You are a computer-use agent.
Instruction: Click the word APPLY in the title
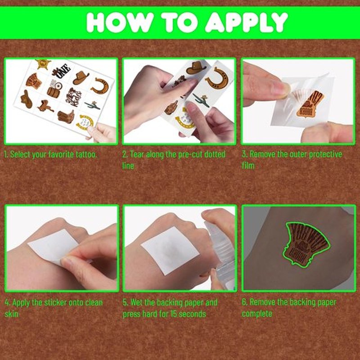click(x=246, y=22)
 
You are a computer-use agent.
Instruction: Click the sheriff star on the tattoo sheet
click(x=43, y=64)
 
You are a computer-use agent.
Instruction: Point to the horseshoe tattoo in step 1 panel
click(x=100, y=85)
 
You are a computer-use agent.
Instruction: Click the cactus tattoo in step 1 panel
click(x=93, y=105)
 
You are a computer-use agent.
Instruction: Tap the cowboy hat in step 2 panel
click(x=196, y=67)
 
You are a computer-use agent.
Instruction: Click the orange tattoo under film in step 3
click(x=310, y=104)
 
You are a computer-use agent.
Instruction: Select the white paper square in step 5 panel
click(x=170, y=250)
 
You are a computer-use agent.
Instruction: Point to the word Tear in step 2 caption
click(x=137, y=154)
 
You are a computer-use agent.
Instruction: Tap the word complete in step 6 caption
click(x=257, y=314)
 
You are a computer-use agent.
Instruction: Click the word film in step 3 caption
click(x=248, y=166)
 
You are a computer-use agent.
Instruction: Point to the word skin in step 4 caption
click(x=12, y=314)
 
